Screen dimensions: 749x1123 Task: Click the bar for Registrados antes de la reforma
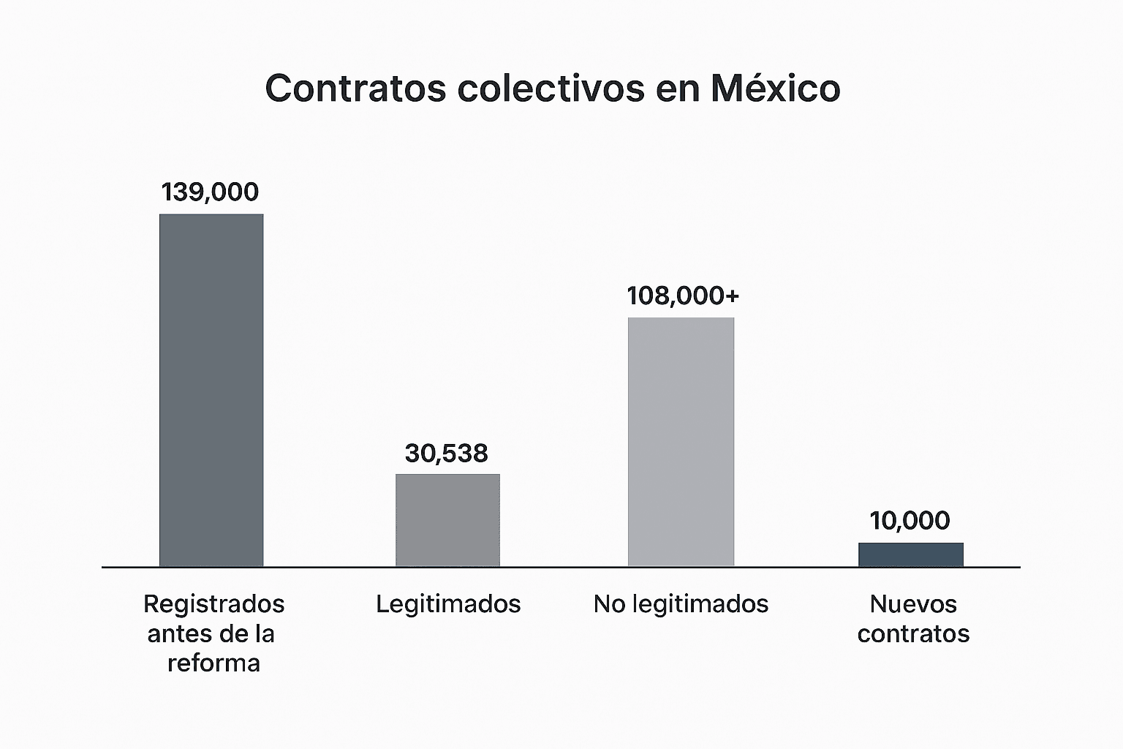point(211,390)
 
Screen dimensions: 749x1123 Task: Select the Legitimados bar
point(447,520)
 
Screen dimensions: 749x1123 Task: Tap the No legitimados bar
point(681,442)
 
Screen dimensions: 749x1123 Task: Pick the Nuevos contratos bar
point(910,554)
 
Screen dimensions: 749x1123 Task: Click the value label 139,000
point(210,192)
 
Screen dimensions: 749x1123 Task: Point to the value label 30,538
point(446,453)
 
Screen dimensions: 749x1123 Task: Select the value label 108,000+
point(683,296)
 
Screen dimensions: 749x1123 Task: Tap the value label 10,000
point(910,521)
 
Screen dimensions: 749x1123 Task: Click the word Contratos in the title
point(355,89)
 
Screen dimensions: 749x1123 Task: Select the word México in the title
point(775,89)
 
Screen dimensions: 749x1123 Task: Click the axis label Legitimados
point(448,604)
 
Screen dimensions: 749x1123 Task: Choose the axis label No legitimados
point(681,604)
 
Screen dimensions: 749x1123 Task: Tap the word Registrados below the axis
point(213,604)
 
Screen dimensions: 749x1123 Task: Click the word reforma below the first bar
point(213,663)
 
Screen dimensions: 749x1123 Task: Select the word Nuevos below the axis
point(913,604)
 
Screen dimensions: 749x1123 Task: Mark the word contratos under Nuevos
point(913,633)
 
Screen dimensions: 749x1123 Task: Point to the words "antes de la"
point(211,633)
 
